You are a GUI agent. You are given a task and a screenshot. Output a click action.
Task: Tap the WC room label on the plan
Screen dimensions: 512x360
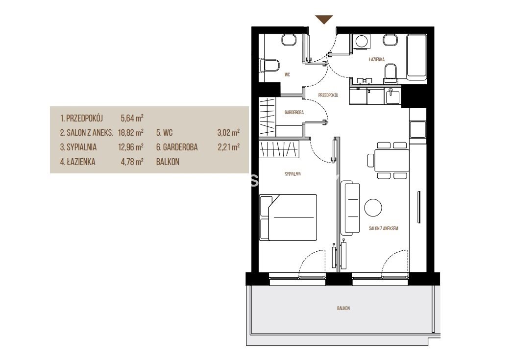[x=287, y=75]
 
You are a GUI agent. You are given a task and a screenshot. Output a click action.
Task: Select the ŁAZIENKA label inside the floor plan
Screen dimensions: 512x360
[x=376, y=59]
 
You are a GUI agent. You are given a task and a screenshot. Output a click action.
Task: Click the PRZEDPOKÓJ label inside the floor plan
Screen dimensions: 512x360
[x=328, y=96]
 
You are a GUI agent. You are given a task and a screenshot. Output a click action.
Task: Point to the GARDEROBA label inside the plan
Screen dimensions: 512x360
[x=294, y=112]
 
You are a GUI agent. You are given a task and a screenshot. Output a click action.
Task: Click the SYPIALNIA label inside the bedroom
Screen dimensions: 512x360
[x=293, y=174]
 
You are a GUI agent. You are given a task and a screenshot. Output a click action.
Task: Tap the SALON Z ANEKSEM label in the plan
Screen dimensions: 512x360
[x=384, y=228]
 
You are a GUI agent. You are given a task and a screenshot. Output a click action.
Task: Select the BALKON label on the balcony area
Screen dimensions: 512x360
[x=343, y=308]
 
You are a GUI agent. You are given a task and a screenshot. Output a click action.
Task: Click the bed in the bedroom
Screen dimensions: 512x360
[x=288, y=217]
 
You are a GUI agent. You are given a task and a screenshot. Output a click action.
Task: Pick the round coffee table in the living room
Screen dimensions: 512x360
[x=373, y=208]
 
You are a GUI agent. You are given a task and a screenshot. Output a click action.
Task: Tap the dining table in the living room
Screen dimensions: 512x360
[x=391, y=160]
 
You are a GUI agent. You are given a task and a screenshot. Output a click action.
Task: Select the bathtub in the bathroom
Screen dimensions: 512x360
[x=416, y=57]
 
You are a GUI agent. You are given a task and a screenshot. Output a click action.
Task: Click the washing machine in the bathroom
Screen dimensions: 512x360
[x=361, y=42]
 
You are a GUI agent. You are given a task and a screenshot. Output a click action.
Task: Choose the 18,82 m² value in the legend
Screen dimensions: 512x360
[x=131, y=133]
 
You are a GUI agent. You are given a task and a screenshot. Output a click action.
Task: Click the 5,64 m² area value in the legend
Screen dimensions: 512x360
[x=132, y=118]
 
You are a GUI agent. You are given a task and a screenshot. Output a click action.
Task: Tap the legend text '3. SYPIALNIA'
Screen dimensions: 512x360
[x=78, y=147]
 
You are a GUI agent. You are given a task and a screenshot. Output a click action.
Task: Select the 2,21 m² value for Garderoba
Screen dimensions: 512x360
[x=229, y=147]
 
